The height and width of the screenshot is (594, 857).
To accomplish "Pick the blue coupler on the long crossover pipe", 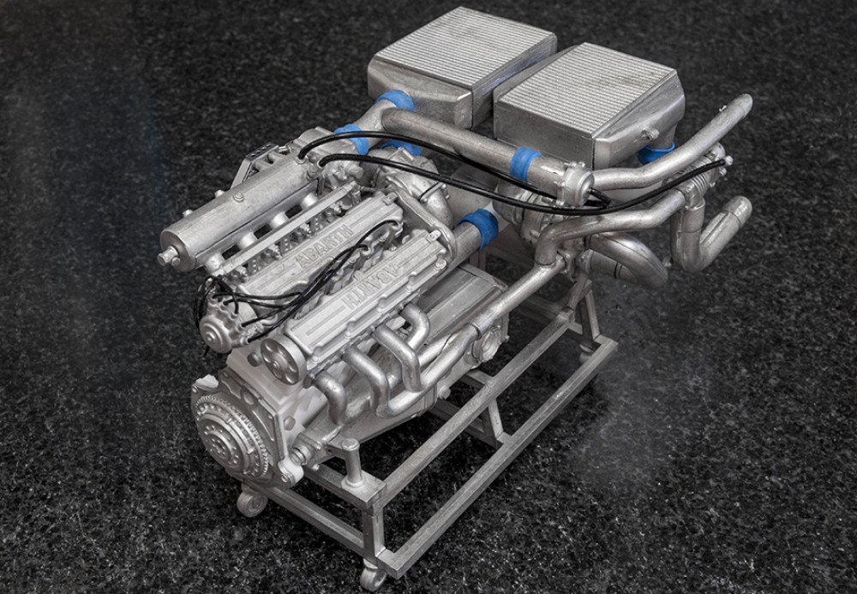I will pos(524,163).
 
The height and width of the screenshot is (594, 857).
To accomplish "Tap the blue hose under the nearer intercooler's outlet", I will pos(656,153).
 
